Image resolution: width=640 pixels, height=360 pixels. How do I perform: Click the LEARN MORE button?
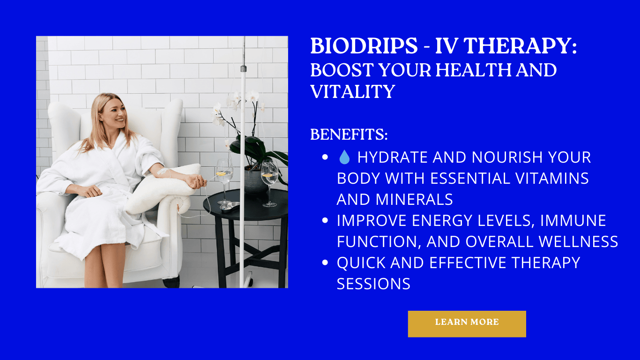pyautogui.click(x=467, y=324)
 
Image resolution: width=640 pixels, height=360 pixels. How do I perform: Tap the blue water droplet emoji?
pyautogui.click(x=344, y=157)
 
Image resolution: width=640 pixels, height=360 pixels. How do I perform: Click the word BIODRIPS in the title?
pyautogui.click(x=364, y=46)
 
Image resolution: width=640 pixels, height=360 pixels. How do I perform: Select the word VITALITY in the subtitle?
pyautogui.click(x=353, y=91)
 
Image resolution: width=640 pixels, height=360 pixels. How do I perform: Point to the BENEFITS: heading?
pyautogui.click(x=349, y=134)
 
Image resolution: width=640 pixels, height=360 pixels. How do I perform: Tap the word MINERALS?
pyautogui.click(x=414, y=199)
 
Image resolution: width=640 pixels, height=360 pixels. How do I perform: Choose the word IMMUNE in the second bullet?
pyautogui.click(x=573, y=220)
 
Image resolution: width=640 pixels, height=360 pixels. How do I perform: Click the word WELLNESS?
pyautogui.click(x=579, y=241)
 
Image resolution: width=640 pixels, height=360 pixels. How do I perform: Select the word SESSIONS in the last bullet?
pyautogui.click(x=373, y=284)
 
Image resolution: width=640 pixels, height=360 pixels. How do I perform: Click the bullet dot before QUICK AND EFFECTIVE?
pyautogui.click(x=325, y=262)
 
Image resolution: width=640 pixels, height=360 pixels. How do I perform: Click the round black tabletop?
pyautogui.click(x=246, y=204)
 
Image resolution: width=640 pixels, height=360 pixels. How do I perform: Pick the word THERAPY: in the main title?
pyautogui.click(x=506, y=46)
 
